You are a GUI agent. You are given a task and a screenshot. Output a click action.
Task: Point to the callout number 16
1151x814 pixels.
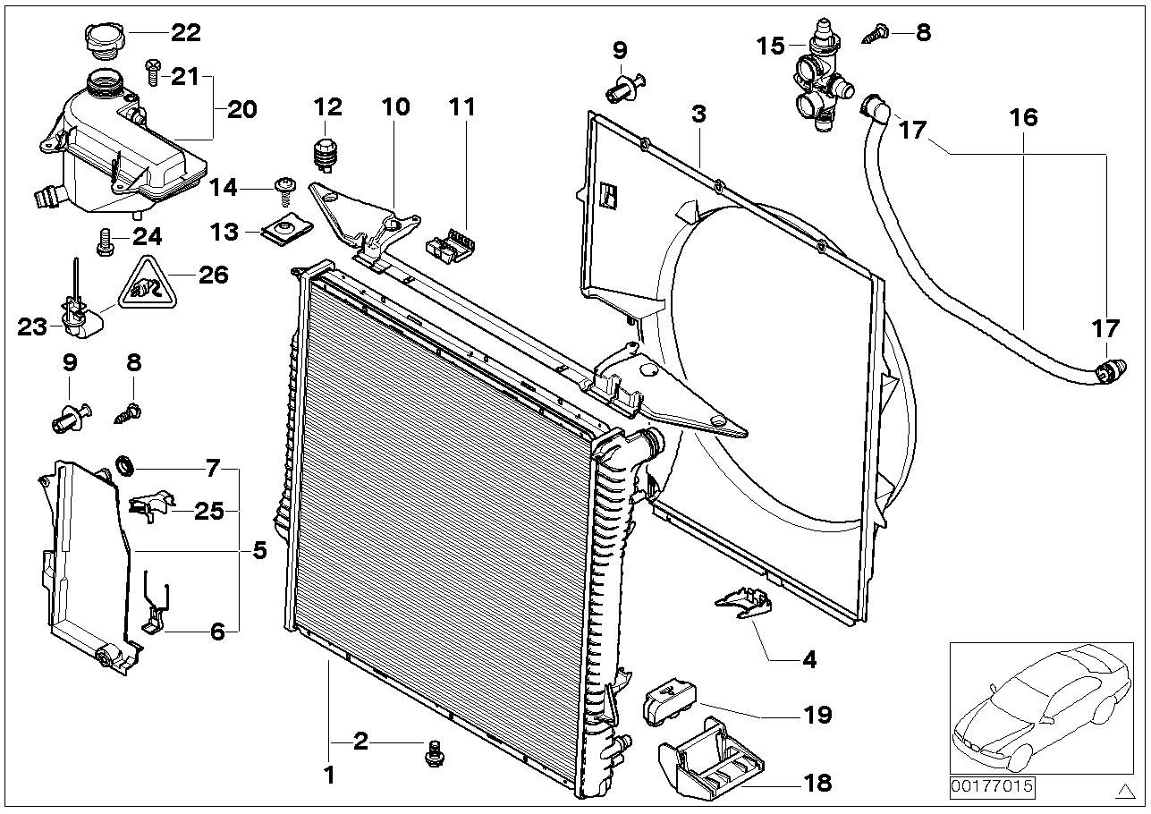tap(1024, 117)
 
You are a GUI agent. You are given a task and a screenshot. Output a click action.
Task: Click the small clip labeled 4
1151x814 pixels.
tap(744, 605)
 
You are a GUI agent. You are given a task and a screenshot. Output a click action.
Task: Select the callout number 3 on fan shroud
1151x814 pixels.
tap(698, 114)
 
